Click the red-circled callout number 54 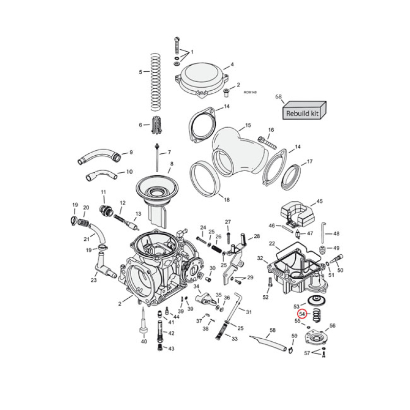tap(302, 314)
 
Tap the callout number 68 tap(279, 97)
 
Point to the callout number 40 tap(144, 341)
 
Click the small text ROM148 tap(250, 92)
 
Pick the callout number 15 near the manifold tap(248, 126)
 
